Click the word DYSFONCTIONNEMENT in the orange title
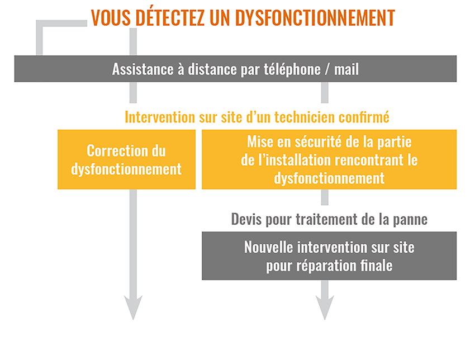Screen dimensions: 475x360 315,18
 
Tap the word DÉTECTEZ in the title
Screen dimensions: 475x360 170,17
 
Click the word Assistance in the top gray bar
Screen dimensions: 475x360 142,69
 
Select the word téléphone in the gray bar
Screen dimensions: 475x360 292,69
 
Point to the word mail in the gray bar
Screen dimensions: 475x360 346,69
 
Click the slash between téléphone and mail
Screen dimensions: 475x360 327,69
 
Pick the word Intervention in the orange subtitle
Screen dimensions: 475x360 160,117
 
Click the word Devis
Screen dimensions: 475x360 246,219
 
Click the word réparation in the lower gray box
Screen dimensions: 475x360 326,266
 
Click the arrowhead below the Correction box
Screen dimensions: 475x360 133,306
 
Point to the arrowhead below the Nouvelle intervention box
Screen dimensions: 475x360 325,306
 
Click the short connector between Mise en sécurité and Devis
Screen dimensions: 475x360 325,197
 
